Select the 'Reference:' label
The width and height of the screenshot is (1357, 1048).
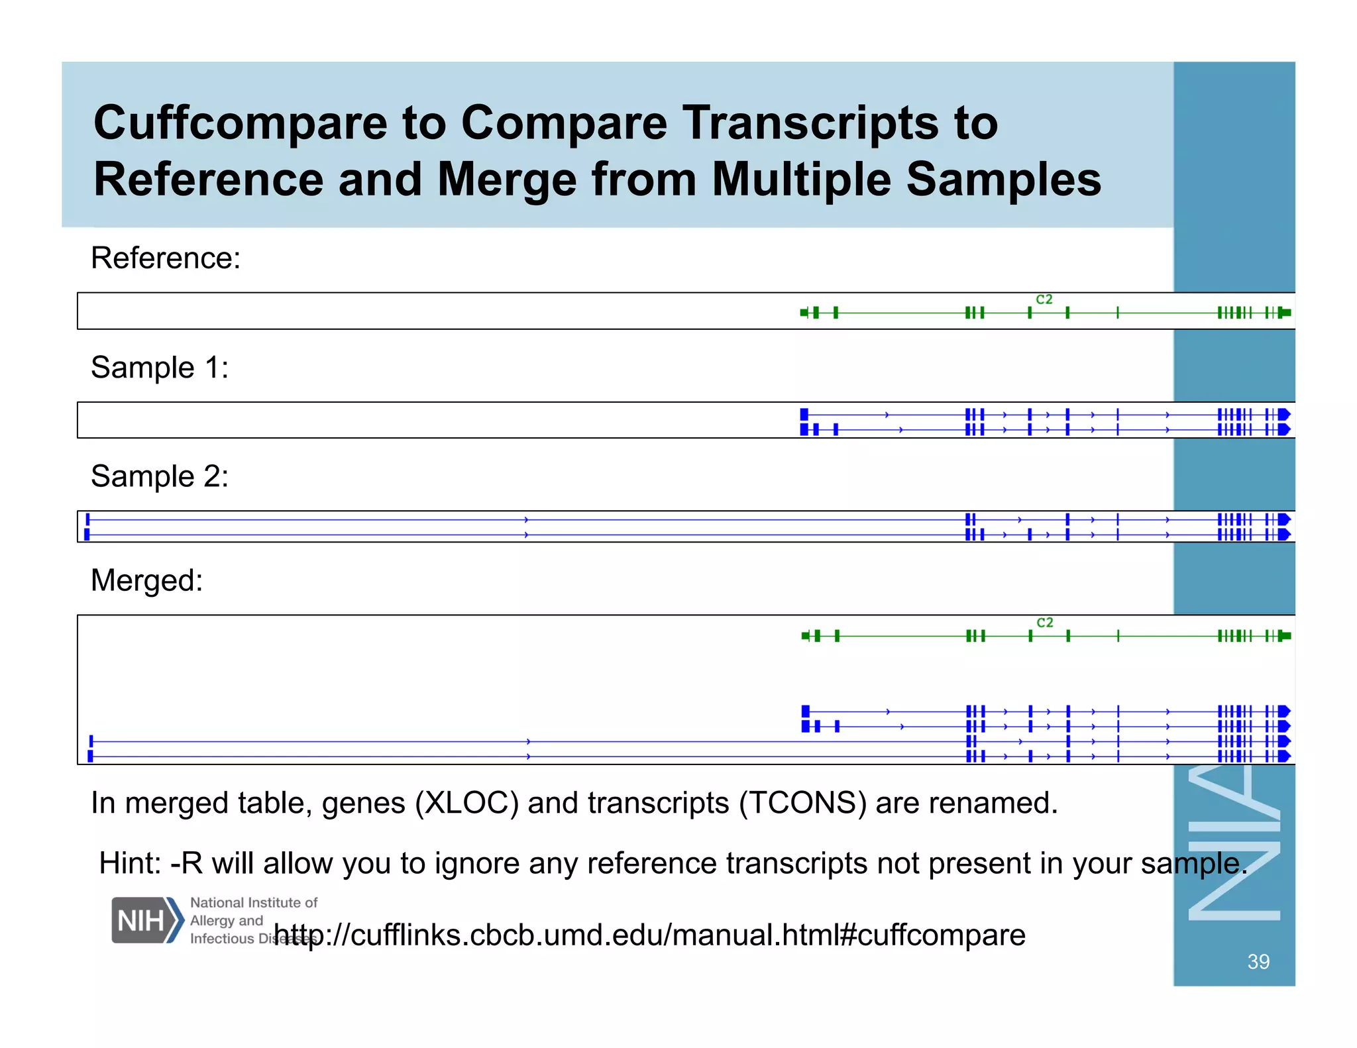[x=166, y=258]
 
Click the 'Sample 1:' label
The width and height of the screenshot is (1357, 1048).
[x=160, y=367]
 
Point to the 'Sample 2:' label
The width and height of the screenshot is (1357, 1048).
[x=160, y=476]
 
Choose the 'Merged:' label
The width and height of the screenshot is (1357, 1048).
[x=146, y=580]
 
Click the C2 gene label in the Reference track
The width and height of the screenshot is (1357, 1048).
[x=1044, y=299]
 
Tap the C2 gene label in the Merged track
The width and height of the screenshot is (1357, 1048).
[x=1045, y=623]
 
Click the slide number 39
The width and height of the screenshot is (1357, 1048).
[x=1258, y=961]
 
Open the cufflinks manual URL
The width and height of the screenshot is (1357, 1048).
[x=649, y=935]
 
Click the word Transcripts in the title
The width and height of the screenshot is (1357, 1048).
[x=810, y=124]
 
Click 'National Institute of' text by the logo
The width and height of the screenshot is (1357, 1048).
[x=254, y=902]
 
